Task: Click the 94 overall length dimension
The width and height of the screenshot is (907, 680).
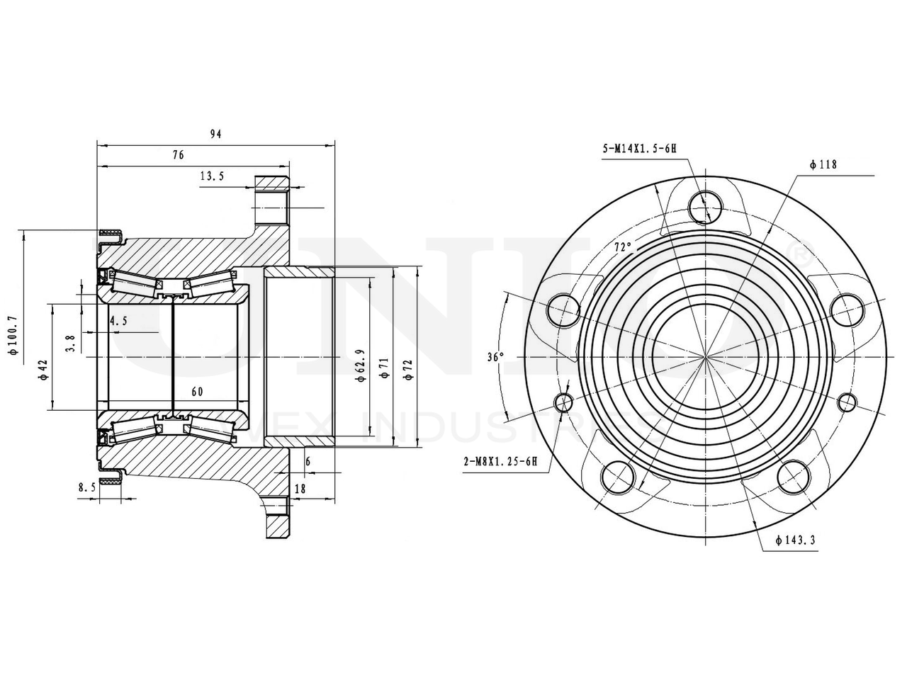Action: pos(215,134)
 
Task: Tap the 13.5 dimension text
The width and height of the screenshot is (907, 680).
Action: pos(212,176)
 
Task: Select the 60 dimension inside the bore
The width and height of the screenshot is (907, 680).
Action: pos(197,391)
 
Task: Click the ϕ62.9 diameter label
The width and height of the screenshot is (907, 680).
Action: pos(361,365)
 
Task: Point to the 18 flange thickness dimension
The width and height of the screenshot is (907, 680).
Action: pos(300,488)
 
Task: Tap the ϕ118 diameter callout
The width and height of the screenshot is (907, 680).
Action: pos(823,164)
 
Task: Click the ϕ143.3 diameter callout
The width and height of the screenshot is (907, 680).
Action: pos(796,540)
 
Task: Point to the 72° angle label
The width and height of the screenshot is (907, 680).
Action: pos(623,248)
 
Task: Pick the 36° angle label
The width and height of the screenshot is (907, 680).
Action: pos(495,357)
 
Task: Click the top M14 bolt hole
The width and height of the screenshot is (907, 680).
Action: pos(706,205)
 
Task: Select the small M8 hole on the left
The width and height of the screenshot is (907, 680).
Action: pos(565,403)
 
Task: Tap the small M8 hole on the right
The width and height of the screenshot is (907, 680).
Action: pos(847,402)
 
